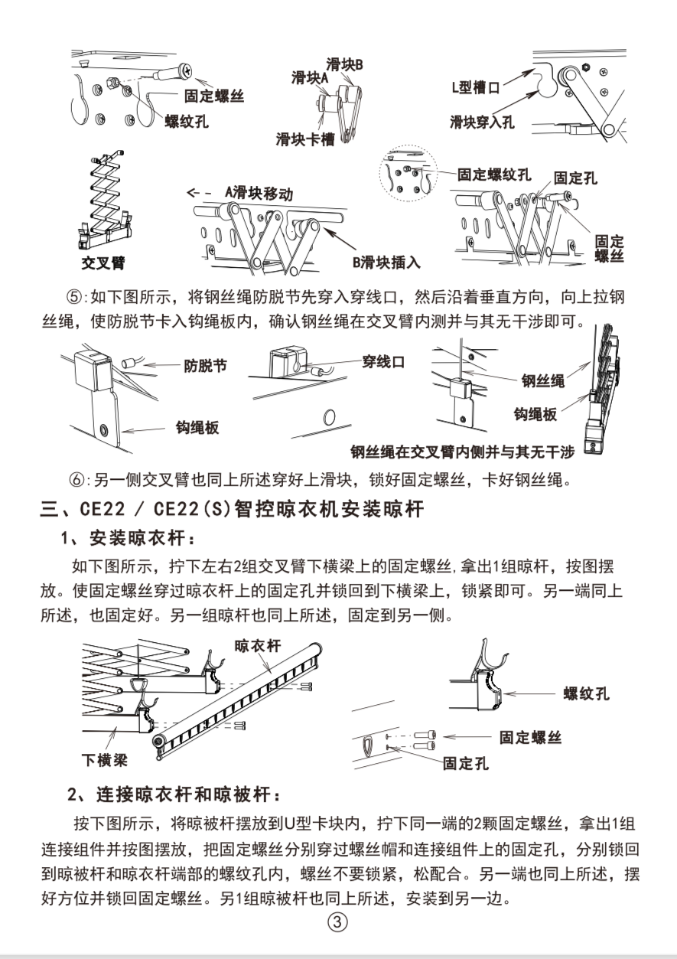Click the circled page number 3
point(337,922)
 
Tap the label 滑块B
point(344,64)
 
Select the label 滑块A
point(310,77)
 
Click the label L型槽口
point(476,87)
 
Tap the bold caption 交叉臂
point(103,264)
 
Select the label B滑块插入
point(386,263)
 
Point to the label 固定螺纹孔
point(494,175)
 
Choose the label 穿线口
point(383,361)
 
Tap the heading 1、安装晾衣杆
point(123,539)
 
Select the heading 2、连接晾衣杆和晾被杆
point(174,796)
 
